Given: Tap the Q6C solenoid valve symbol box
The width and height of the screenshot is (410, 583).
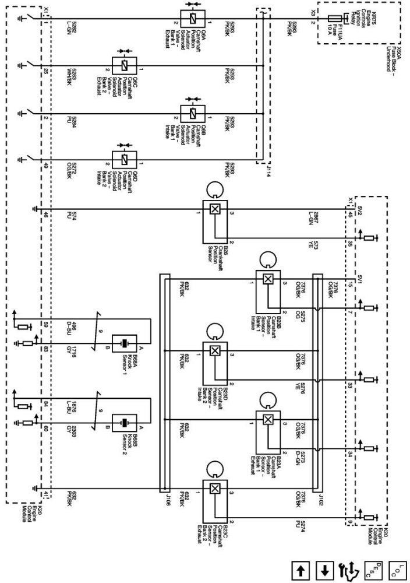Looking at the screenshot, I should [x=123, y=65].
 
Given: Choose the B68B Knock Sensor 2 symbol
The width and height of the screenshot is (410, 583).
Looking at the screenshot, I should [x=123, y=423].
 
